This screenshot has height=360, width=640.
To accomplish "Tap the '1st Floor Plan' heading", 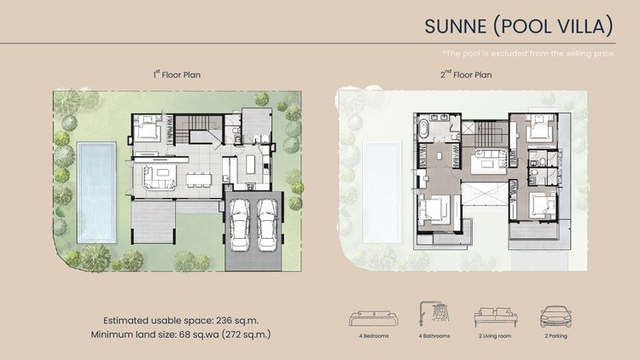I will pos(176,75).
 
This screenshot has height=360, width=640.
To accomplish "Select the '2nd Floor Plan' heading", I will pos(466,75).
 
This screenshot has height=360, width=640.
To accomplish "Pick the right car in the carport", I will pos(268,223).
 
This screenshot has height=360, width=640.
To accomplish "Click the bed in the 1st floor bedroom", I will pos(148,131).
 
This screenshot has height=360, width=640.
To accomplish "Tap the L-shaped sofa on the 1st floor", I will pos(160,177).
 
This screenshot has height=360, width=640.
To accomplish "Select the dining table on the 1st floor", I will pos(198,179).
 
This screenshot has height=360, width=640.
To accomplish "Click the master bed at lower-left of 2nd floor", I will pos(434,208).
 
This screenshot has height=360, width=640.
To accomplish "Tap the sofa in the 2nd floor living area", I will pos(489,160).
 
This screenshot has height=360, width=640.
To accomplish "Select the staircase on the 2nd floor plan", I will pos(489,134).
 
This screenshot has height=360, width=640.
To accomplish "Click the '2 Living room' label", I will pos(497,336).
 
